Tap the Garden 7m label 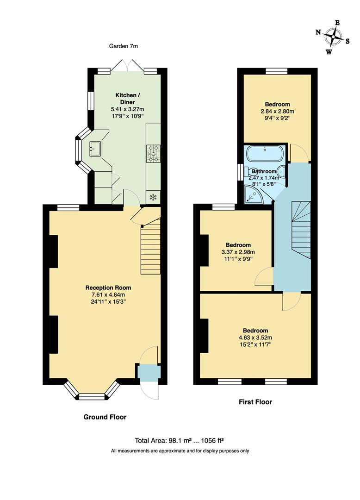point(124,46)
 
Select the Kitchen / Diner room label point(127,99)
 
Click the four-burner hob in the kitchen point(153,154)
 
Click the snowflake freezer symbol point(153,197)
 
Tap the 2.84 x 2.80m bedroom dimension point(277,111)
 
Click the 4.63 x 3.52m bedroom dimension point(255,337)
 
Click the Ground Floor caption point(105,417)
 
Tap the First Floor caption point(255,402)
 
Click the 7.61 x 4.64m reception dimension point(105,294)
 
